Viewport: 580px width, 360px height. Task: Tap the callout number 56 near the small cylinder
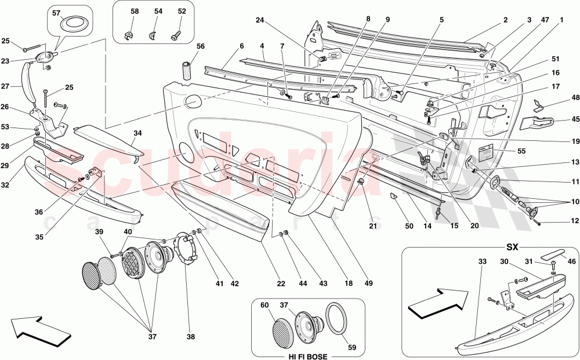pos(200,47)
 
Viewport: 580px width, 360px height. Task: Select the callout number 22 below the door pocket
pos(281,283)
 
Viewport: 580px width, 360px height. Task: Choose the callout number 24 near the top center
pos(260,20)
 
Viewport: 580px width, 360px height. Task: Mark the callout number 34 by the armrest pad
pos(137,133)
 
